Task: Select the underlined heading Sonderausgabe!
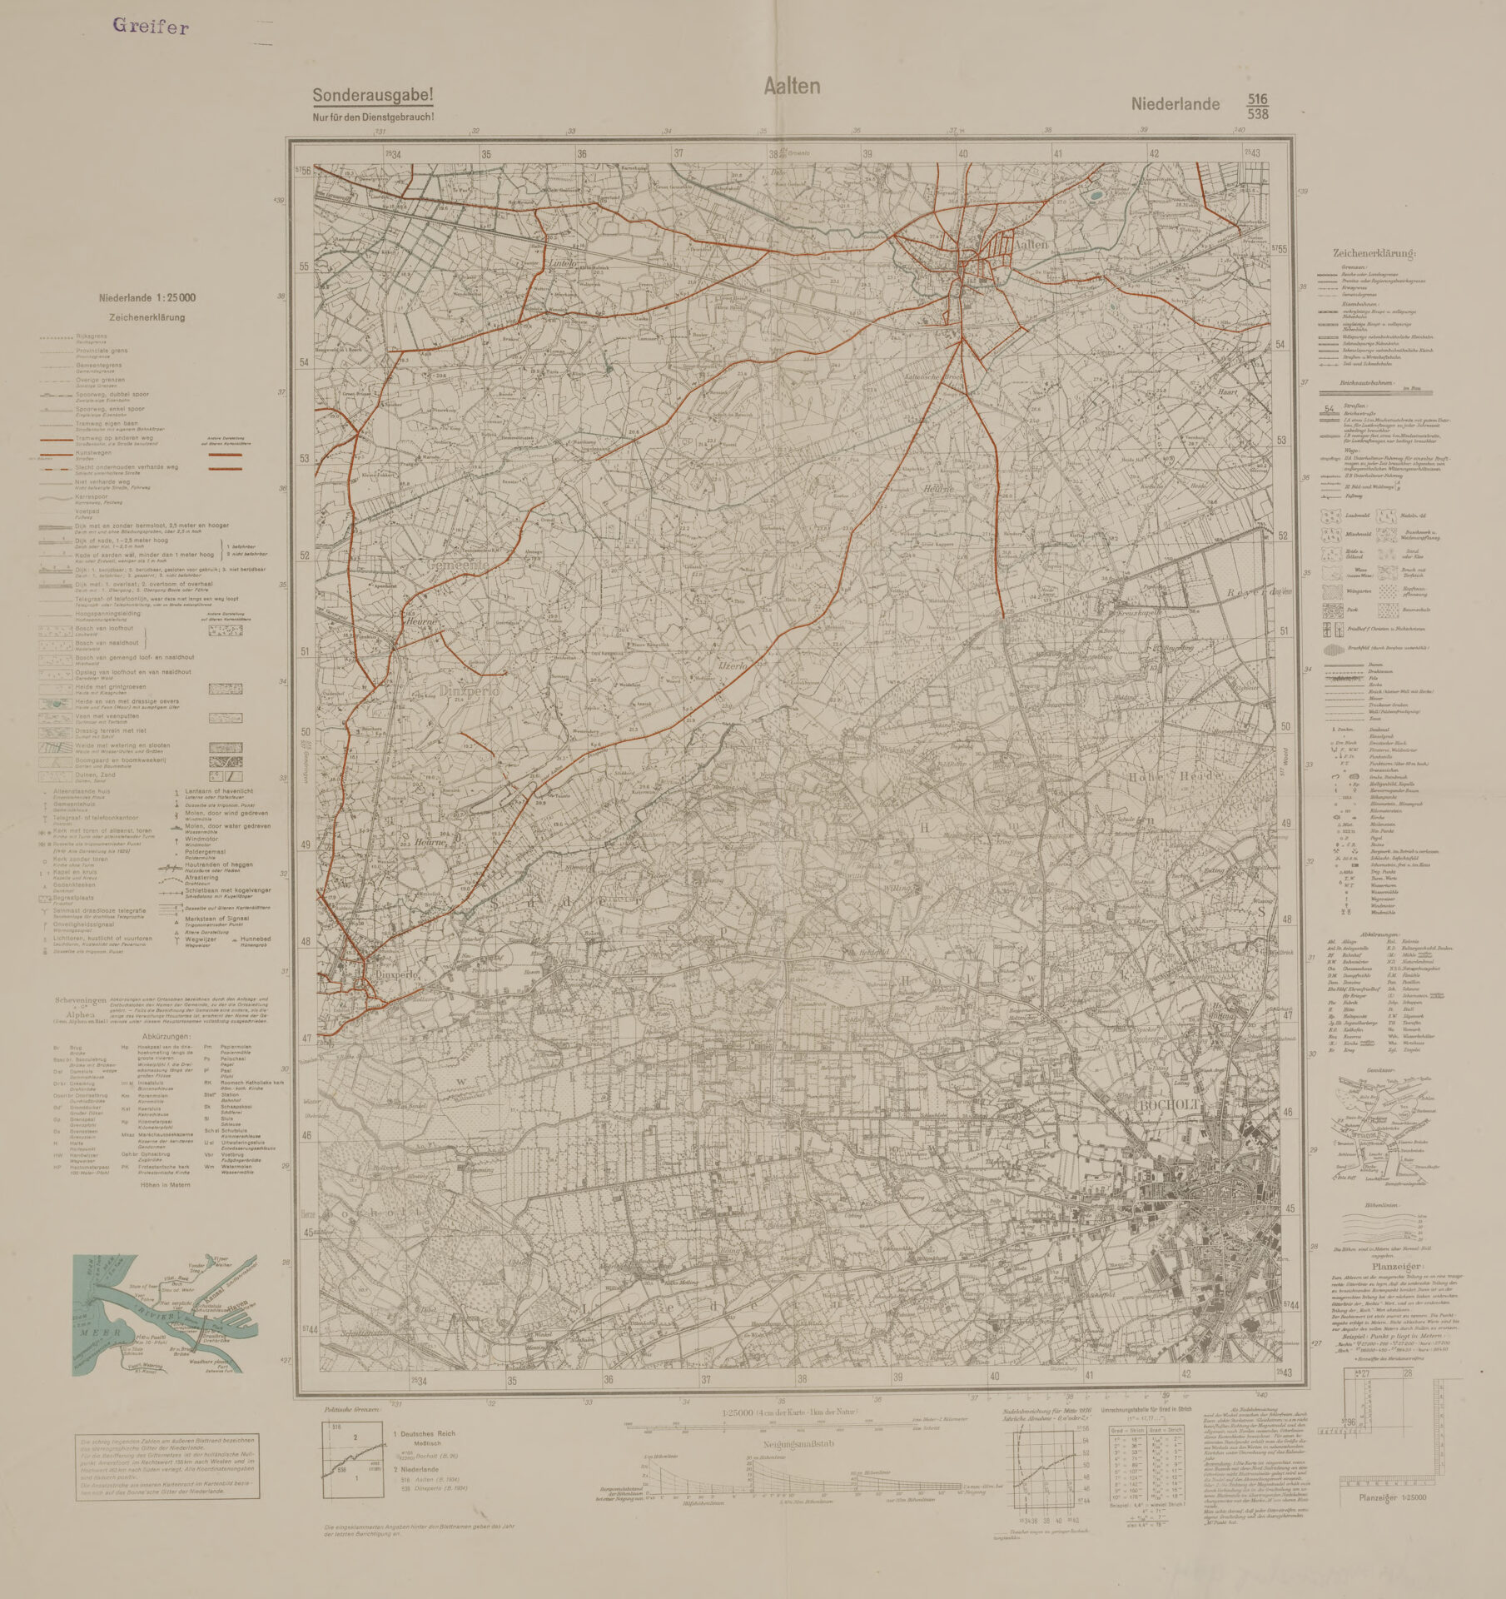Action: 372,96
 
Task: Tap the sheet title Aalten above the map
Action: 792,86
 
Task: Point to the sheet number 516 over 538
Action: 1257,106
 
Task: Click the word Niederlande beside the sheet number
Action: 1175,104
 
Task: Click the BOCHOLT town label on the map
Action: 1167,1104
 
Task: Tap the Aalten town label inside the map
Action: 1031,244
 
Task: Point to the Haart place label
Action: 1227,391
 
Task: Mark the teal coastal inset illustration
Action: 164,1315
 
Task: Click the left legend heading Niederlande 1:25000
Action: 147,298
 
